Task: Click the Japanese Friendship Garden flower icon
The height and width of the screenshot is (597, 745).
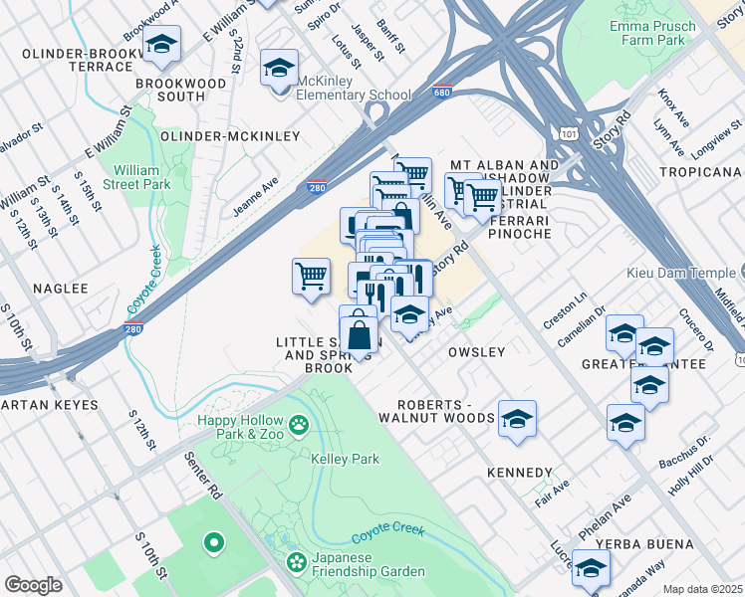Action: click(296, 563)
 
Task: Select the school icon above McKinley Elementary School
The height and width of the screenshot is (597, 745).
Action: click(279, 69)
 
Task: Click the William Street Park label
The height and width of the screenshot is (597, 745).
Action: click(142, 177)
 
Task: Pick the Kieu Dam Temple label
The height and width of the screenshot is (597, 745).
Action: click(680, 273)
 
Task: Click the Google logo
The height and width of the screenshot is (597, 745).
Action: click(33, 584)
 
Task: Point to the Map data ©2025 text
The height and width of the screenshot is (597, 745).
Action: click(702, 589)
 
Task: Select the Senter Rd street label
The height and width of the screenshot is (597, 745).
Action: click(202, 477)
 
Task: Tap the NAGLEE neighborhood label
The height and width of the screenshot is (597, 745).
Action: click(61, 289)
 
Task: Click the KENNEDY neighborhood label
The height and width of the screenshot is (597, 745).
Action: click(520, 472)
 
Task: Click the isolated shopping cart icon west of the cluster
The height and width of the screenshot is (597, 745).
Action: click(311, 276)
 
